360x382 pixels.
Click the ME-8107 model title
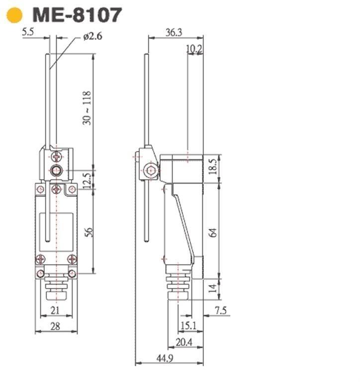pos(77,15)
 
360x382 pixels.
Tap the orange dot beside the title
pos(14,15)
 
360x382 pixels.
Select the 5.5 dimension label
pos(28,32)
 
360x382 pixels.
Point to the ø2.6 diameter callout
pos(92,36)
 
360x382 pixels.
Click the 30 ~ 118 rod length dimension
pos(87,108)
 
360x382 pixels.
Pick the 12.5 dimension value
pos(87,181)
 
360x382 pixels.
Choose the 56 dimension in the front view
pos(89,232)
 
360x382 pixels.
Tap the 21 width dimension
pos(55,310)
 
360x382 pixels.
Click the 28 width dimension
pos(55,326)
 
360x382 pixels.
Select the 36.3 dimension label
pos(174,32)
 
